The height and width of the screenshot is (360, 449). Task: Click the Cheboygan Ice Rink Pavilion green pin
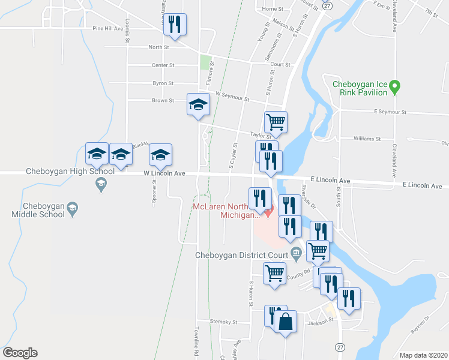394,88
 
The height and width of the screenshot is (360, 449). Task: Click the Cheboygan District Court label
243,254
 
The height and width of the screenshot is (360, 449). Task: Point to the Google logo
20,353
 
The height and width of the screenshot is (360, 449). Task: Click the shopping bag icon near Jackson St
286,322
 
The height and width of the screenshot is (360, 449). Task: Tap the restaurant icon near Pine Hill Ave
175,25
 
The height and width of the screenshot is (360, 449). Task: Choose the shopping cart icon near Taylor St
276,122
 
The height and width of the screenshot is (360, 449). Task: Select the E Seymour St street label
390,112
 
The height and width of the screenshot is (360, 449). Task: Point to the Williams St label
367,139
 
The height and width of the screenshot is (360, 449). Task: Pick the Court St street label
280,65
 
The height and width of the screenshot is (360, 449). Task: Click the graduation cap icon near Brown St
197,105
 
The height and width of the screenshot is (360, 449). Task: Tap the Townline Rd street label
196,339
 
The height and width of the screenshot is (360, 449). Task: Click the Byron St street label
163,83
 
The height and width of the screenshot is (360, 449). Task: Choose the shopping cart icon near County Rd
275,274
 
